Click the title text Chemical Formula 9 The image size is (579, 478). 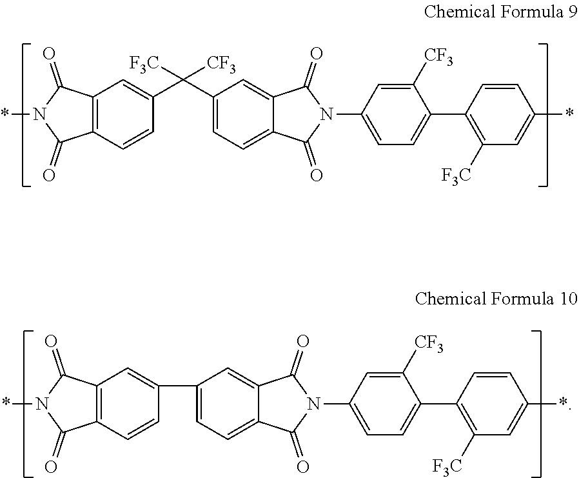[x=500, y=14]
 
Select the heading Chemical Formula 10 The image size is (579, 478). [x=496, y=299]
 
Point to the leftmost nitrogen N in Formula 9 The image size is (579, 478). [x=39, y=115]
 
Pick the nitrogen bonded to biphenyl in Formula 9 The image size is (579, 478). [x=327, y=115]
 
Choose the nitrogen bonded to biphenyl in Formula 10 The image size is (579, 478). [x=313, y=404]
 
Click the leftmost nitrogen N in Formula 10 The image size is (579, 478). [x=43, y=404]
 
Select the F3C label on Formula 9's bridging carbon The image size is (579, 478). [x=144, y=63]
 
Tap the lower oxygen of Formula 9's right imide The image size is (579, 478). [x=315, y=175]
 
